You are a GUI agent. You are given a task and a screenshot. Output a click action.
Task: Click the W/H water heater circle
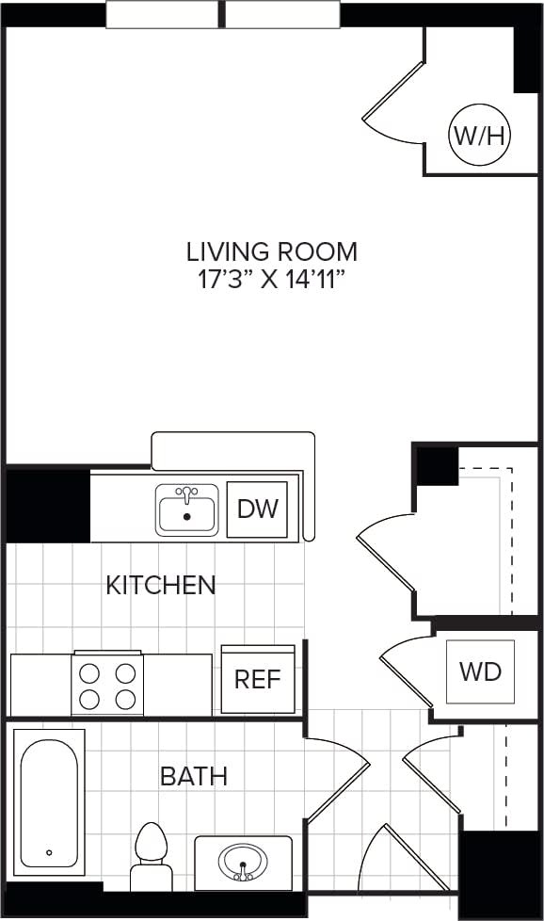479,136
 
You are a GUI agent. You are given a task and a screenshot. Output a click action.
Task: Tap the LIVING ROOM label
271,251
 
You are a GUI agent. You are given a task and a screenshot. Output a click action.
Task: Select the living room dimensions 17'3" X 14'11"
271,280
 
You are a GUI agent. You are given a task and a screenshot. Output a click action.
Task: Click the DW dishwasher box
257,509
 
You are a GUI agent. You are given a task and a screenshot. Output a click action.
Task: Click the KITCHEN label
160,585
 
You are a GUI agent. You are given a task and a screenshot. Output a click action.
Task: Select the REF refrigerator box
257,679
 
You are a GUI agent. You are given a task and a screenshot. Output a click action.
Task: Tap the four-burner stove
106,686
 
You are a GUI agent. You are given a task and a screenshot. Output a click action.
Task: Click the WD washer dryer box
480,671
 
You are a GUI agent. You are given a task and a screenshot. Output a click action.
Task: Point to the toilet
150,852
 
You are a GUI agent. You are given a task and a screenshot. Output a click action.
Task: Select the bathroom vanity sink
243,862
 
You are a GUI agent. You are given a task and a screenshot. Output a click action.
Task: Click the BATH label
193,777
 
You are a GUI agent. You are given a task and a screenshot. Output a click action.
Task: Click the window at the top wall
222,16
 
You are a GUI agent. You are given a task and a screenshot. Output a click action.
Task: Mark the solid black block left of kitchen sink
47,506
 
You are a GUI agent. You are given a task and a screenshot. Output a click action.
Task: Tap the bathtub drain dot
49,854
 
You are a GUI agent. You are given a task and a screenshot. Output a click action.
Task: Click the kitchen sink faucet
187,493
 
